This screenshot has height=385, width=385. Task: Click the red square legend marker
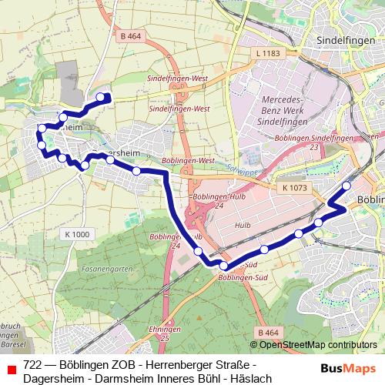click(12, 369)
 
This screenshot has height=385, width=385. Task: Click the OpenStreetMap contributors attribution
click(313, 345)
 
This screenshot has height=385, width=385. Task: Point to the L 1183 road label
click(264, 52)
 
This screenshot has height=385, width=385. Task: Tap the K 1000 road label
click(77, 233)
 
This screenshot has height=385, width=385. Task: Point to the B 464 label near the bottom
click(268, 332)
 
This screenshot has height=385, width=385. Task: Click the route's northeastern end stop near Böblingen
click(346, 186)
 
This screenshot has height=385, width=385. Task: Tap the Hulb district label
click(243, 225)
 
